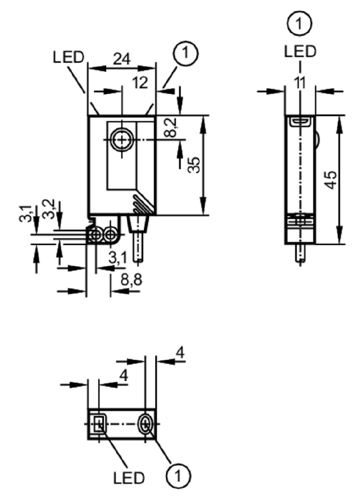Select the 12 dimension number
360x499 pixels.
tap(140, 83)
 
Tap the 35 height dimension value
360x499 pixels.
tap(194, 165)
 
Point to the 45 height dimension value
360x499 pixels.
tap(330, 180)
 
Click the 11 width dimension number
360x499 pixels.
tap(300, 83)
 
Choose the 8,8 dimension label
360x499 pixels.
tap(131, 280)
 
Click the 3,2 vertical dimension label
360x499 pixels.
tap(49, 209)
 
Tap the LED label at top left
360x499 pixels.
tap(68, 57)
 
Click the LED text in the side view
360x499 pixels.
tap(300, 51)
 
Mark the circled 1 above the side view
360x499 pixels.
tap(300, 23)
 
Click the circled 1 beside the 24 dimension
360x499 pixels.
tap(185, 53)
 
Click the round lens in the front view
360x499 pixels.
tap(122, 140)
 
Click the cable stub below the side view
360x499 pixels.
tap(300, 253)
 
